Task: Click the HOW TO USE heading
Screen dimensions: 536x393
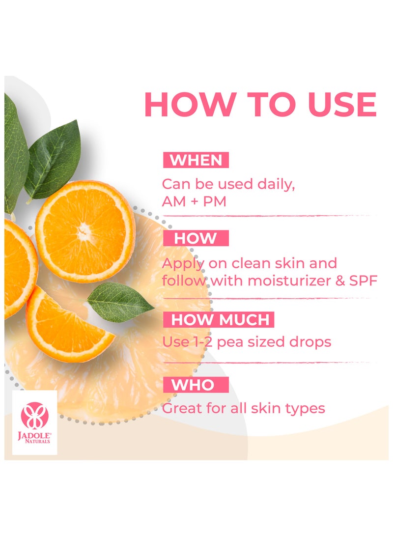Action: pos(260,104)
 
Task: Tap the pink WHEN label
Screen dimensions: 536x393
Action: pos(196,160)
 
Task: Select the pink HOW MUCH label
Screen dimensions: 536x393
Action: pos(220,320)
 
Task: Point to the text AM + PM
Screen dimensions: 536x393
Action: pos(194,201)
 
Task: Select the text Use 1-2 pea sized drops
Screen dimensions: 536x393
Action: pos(247,342)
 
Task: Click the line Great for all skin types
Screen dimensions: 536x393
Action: pos(244,408)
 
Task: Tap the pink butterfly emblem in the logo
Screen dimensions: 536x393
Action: pos(34,414)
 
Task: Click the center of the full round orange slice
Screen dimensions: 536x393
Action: pos(85,231)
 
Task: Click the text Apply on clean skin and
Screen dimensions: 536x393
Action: pos(250,263)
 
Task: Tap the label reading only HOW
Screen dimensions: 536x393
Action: pos(196,239)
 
